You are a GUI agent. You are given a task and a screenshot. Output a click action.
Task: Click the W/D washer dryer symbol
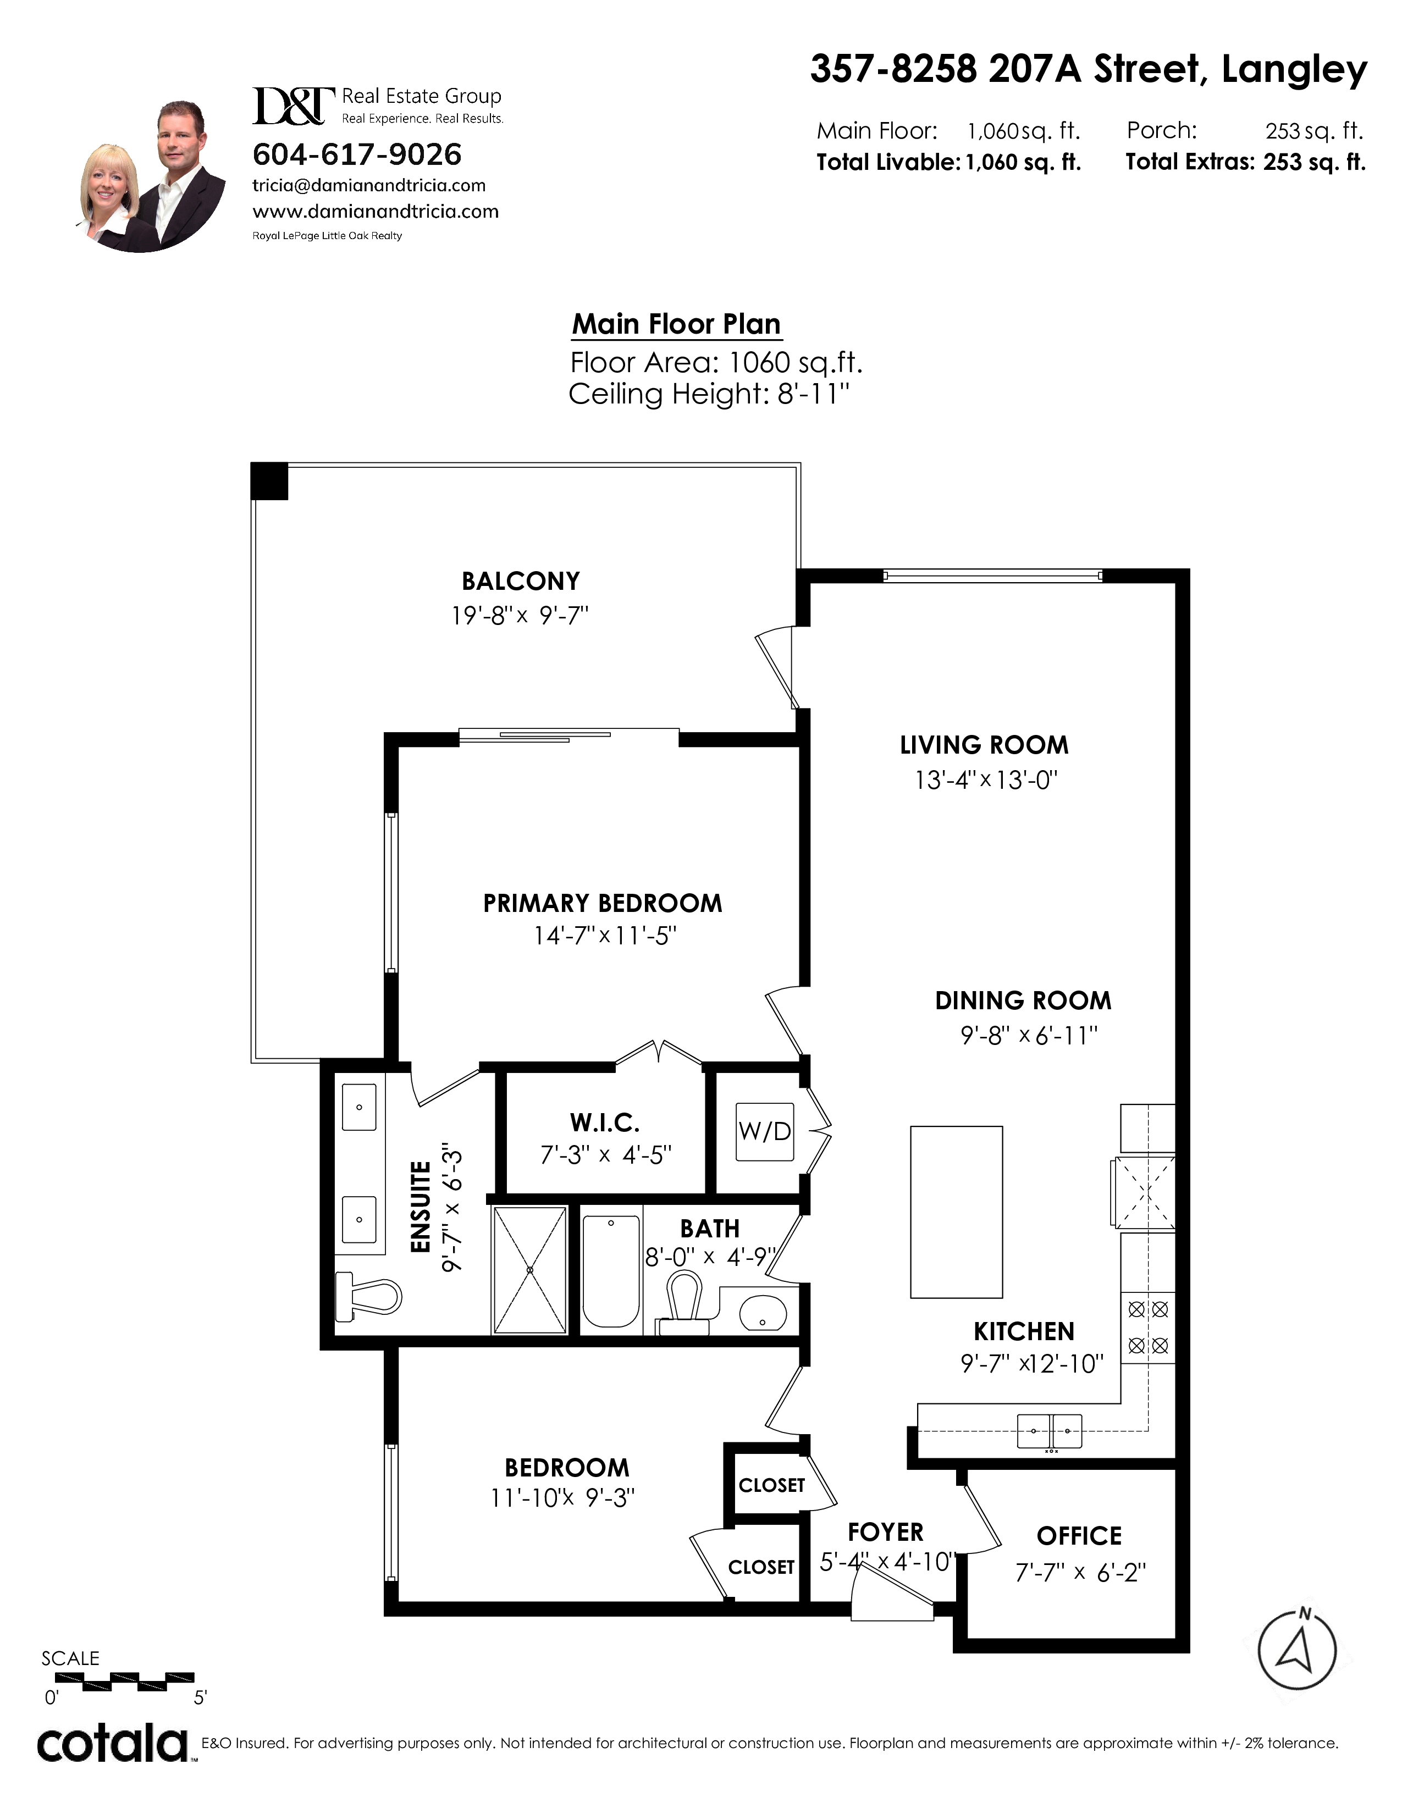(x=764, y=1131)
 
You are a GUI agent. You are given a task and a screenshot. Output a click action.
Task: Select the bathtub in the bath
(x=611, y=1271)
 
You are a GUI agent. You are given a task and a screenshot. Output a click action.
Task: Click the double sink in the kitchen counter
(x=1050, y=1430)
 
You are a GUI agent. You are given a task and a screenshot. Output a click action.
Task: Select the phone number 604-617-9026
(x=357, y=154)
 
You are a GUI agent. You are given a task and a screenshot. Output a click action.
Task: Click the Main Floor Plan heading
(x=677, y=324)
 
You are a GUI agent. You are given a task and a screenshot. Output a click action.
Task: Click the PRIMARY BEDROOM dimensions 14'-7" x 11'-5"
(x=605, y=936)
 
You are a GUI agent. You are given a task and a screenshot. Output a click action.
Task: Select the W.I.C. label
(x=605, y=1123)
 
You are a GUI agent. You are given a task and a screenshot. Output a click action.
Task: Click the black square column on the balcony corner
(x=269, y=481)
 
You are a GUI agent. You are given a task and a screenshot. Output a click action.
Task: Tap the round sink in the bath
(x=763, y=1312)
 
